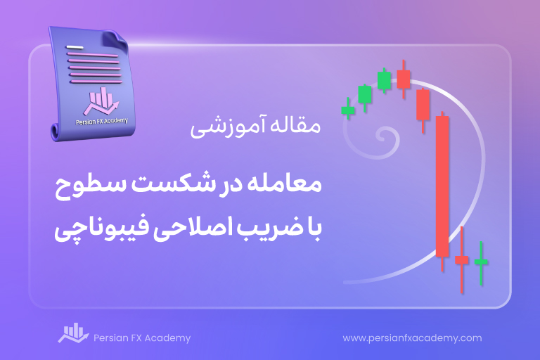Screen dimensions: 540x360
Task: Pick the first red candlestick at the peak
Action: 404,79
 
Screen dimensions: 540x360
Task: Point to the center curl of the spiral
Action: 382,136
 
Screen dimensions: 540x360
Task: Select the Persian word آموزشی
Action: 228,127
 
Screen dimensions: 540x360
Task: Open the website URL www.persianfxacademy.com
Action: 412,338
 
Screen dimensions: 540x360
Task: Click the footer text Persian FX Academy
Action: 142,338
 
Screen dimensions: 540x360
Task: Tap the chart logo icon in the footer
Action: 73,333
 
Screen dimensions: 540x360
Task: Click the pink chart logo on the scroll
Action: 101,101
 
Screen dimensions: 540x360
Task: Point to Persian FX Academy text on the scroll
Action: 102,121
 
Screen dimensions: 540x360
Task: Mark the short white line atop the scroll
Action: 75,47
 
